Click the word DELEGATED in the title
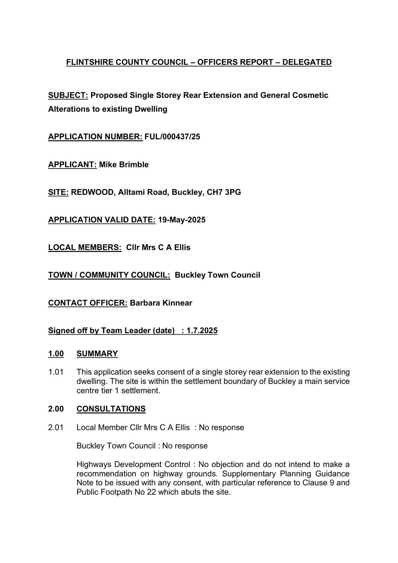307,62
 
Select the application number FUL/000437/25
172,137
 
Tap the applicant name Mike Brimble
124,165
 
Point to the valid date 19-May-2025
182,220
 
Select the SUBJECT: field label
68,95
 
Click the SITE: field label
58,192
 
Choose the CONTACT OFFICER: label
88,303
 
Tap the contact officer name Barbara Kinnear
161,303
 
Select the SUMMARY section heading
97,354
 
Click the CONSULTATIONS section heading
111,409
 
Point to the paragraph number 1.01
56,372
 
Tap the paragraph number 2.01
56,428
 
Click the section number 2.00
56,409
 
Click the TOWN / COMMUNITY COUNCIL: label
109,275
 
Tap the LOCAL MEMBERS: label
85,247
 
